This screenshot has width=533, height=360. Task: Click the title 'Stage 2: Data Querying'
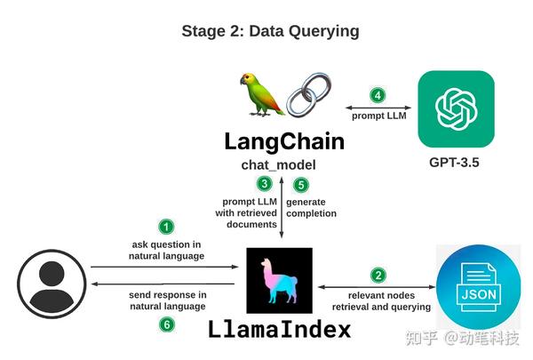(x=270, y=31)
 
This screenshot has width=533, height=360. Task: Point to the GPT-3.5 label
(x=458, y=164)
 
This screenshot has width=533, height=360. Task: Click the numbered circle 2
(x=378, y=276)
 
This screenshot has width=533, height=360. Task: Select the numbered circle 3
(x=265, y=184)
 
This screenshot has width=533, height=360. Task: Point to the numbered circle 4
(x=378, y=95)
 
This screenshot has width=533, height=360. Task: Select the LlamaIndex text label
(x=280, y=330)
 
